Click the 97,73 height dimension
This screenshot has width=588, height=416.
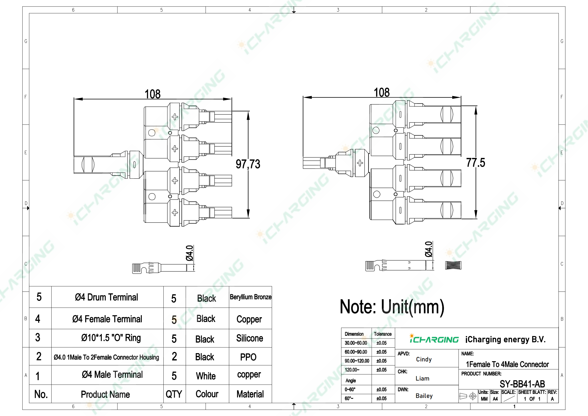248,164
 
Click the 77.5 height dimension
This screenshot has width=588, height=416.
476,162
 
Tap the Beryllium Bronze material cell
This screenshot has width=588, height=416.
250,297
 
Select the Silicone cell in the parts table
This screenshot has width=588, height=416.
249,338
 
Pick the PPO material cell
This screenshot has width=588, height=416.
248,357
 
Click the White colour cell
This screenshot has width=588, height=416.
206,376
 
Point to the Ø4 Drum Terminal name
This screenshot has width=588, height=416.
106,297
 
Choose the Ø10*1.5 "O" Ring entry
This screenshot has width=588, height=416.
111,338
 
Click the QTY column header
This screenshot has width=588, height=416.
174,394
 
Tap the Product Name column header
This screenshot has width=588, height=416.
105,394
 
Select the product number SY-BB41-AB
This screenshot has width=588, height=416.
522,384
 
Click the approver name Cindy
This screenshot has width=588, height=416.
424,359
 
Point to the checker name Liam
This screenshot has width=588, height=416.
422,378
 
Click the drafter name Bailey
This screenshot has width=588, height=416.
424,396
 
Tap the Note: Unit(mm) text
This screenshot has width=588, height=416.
392,307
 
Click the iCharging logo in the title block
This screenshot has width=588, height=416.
434,339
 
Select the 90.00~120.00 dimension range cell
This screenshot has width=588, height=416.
357,361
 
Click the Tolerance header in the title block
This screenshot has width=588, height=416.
383,334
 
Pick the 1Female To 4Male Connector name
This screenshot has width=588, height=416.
507,364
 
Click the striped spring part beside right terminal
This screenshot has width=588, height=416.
453,265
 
